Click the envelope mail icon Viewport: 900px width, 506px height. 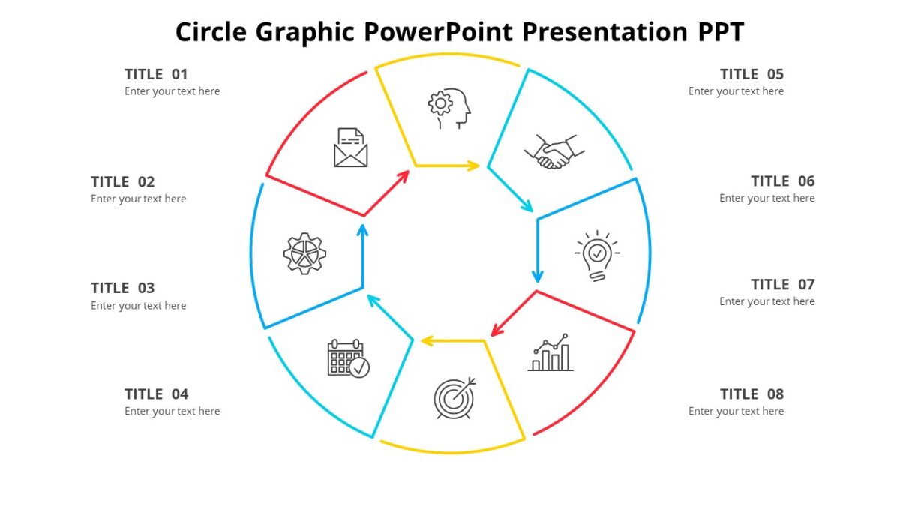350,148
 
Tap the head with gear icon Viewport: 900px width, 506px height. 450,109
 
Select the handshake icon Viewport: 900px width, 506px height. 550,152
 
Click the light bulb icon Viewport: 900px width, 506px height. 597,255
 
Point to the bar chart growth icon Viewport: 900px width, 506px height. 550,353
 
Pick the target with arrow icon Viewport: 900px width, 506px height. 454,397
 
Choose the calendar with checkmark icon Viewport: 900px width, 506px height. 348,358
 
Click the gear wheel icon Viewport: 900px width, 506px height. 304,253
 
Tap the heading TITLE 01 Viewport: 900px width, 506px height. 156,74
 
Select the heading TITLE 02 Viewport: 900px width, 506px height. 122,182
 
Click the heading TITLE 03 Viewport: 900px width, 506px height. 122,288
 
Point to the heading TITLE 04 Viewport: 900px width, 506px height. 156,394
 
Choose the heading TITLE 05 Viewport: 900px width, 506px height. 751,74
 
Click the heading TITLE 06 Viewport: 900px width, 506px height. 782,181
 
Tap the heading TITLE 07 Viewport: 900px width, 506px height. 782,285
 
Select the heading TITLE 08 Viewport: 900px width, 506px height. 751,394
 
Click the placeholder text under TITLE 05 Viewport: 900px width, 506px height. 736,91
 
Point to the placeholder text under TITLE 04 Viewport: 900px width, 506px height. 172,411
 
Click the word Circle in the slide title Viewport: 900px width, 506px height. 211,32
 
